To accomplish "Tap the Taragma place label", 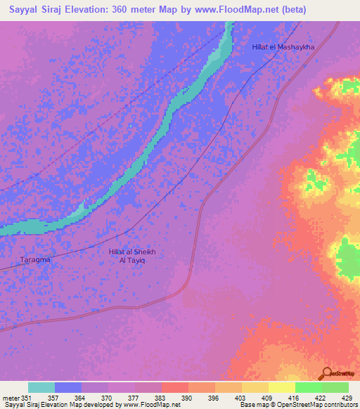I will (x=35, y=259).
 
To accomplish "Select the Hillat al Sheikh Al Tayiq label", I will (x=127, y=255).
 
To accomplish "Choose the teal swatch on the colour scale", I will (x=41, y=387).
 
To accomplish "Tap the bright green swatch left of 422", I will (x=309, y=387).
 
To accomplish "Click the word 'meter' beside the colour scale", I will (x=10, y=398).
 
